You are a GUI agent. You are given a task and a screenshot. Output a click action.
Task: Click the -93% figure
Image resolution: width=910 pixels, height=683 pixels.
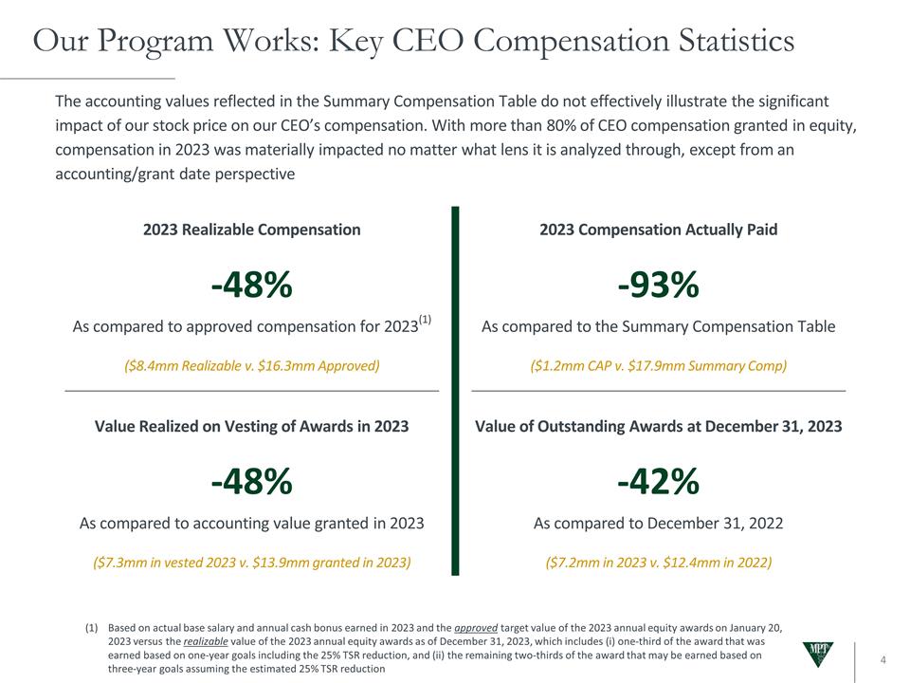658,284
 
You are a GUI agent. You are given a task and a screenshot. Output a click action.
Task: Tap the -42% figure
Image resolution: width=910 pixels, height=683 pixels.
658,482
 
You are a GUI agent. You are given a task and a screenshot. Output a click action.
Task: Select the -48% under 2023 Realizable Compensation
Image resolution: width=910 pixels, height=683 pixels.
251,284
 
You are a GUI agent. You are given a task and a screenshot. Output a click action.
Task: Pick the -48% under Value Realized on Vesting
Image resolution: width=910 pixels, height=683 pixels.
251,482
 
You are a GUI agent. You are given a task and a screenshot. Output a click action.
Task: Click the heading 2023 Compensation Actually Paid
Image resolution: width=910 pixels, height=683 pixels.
658,230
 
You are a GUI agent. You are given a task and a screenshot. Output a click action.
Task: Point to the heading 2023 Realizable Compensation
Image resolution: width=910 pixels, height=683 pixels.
251,230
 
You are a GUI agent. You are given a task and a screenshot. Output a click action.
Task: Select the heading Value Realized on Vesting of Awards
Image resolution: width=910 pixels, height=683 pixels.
251,427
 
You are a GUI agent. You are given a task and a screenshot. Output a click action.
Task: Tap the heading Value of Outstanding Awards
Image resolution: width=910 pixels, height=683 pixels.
658,427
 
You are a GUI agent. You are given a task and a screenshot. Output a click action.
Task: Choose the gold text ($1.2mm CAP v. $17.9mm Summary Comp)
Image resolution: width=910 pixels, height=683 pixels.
658,366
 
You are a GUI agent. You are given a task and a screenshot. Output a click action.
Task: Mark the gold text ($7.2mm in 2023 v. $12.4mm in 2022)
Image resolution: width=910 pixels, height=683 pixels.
658,563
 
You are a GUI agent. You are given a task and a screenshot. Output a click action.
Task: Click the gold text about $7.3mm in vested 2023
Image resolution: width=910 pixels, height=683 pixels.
251,563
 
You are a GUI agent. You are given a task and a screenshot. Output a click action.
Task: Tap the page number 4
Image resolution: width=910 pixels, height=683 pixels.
883,660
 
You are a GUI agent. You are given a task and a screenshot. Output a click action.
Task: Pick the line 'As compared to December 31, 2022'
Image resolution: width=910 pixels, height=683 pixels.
658,524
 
